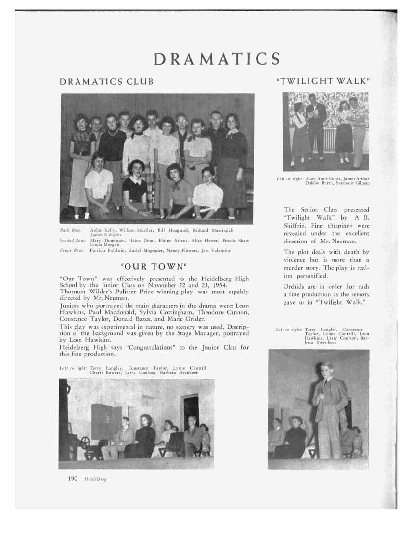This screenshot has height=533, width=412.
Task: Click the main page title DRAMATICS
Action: pos(216,59)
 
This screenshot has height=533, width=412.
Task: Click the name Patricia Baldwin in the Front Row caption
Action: pos(105,250)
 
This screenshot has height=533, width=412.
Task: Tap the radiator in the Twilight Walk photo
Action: pos(329,139)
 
